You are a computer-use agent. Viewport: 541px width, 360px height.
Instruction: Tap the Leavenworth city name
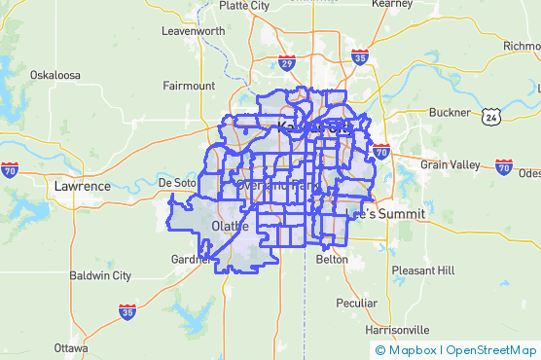[193, 31]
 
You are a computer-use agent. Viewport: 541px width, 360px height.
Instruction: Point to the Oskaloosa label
[54, 75]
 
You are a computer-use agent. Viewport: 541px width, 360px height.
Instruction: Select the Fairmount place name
[189, 86]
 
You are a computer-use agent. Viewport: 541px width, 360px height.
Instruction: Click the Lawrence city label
[83, 186]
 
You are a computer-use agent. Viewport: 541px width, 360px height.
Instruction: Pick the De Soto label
[177, 183]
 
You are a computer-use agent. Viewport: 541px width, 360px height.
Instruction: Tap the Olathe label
[230, 227]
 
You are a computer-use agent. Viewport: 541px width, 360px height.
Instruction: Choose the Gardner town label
[191, 260]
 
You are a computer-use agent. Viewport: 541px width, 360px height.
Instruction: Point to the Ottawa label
[71, 347]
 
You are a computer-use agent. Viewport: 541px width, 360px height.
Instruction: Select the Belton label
[332, 260]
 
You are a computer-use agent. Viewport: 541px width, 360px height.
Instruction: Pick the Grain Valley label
[449, 165]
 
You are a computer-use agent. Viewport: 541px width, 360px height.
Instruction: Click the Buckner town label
[448, 112]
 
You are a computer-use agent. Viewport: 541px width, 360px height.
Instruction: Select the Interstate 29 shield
[286, 63]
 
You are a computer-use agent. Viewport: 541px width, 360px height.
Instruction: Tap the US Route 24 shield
[491, 117]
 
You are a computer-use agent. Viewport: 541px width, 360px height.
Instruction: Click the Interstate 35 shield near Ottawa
[127, 311]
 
